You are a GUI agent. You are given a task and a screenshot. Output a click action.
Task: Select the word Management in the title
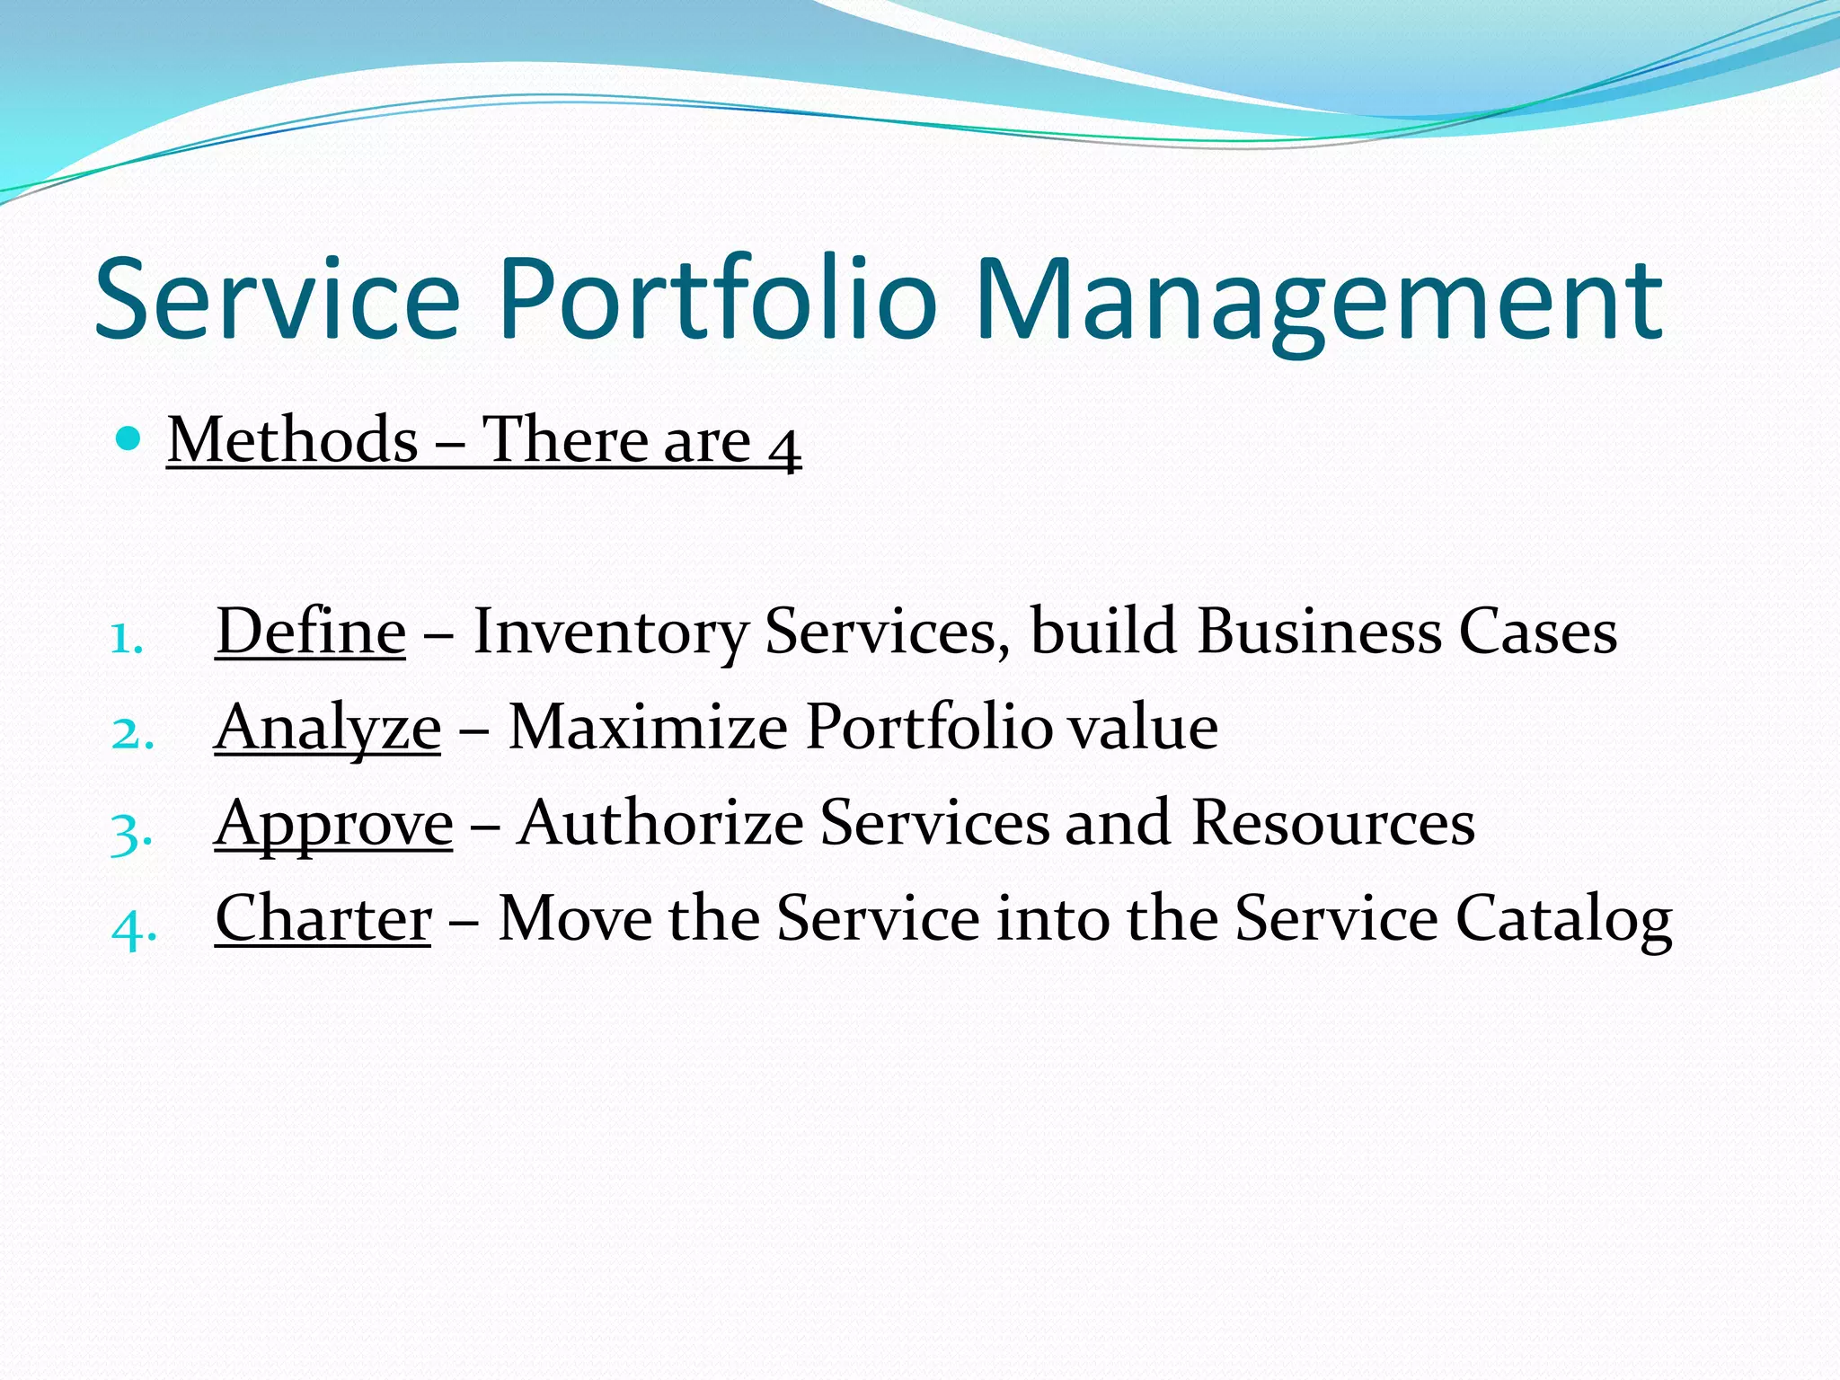(x=1319, y=300)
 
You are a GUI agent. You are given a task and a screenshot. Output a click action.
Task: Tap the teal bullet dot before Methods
(x=129, y=439)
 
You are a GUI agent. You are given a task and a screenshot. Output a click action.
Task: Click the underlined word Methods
(x=293, y=440)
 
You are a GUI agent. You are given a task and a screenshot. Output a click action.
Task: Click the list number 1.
(x=127, y=639)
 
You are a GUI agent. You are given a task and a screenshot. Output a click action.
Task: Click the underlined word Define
(x=311, y=631)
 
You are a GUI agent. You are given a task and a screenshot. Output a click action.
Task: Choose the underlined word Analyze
(x=328, y=728)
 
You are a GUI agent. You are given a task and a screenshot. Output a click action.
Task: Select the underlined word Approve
(x=333, y=825)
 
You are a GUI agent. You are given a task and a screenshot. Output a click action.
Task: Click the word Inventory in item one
(x=610, y=632)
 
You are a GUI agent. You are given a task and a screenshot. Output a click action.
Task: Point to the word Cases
(x=1537, y=631)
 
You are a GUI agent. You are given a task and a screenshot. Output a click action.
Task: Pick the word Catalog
(x=1563, y=920)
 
